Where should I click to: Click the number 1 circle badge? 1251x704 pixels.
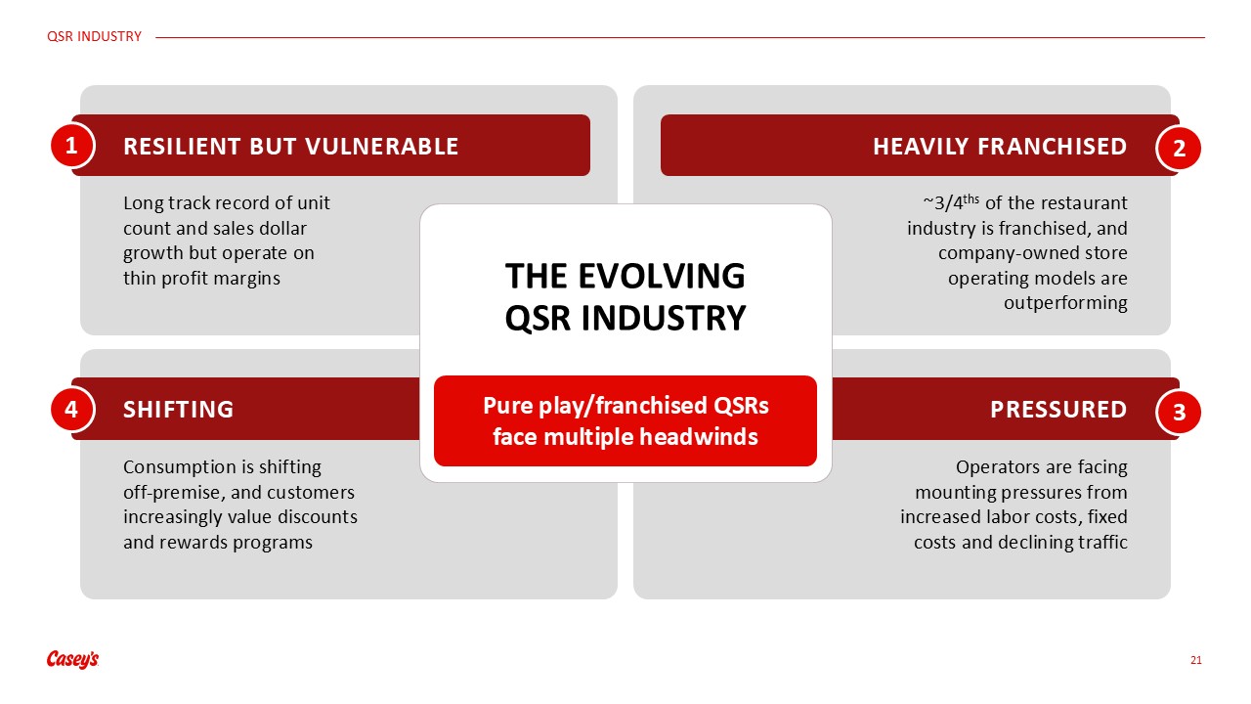point(71,146)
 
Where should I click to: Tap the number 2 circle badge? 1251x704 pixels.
point(1179,148)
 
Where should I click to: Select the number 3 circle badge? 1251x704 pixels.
point(1179,413)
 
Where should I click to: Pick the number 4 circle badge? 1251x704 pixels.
point(71,410)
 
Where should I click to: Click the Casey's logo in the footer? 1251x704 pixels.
point(72,659)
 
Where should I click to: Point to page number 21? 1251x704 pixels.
point(1195,660)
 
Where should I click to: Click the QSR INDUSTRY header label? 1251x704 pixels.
point(94,37)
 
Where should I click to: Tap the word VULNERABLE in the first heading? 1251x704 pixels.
point(381,147)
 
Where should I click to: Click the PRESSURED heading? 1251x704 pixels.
point(1058,410)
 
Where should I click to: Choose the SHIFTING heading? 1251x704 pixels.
point(178,410)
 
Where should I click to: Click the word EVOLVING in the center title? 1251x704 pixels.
point(662,276)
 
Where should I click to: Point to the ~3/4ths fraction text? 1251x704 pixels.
point(951,201)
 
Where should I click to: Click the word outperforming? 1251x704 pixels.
point(1065,303)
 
